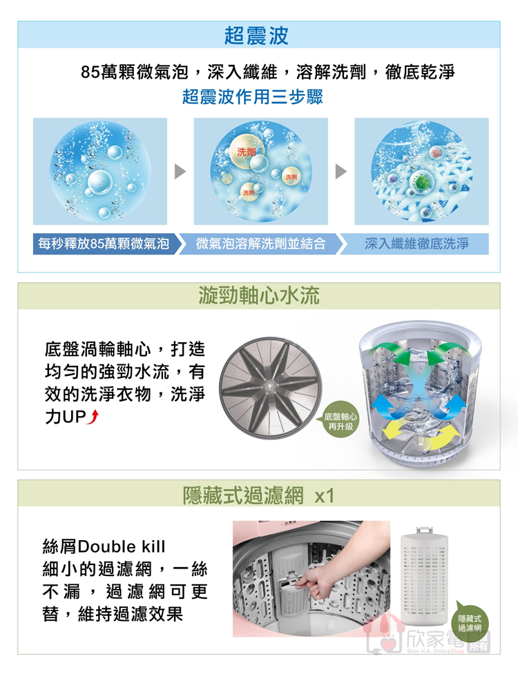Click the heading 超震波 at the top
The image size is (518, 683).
(256, 36)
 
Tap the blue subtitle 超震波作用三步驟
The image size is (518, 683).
(253, 97)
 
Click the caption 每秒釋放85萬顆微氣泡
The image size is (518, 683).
(104, 244)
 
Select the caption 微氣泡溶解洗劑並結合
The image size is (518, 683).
(260, 244)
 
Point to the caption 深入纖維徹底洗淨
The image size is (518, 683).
(417, 244)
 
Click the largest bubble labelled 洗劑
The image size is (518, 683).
(246, 152)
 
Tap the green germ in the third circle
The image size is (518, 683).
(421, 181)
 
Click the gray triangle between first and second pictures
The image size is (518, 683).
(180, 171)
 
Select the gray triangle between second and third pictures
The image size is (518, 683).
(341, 171)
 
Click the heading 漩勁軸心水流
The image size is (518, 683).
(259, 296)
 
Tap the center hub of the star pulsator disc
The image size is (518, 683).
(270, 387)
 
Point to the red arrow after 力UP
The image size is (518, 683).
(94, 417)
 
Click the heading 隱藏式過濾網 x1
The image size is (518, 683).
(258, 495)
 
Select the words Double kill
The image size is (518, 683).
(122, 546)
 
